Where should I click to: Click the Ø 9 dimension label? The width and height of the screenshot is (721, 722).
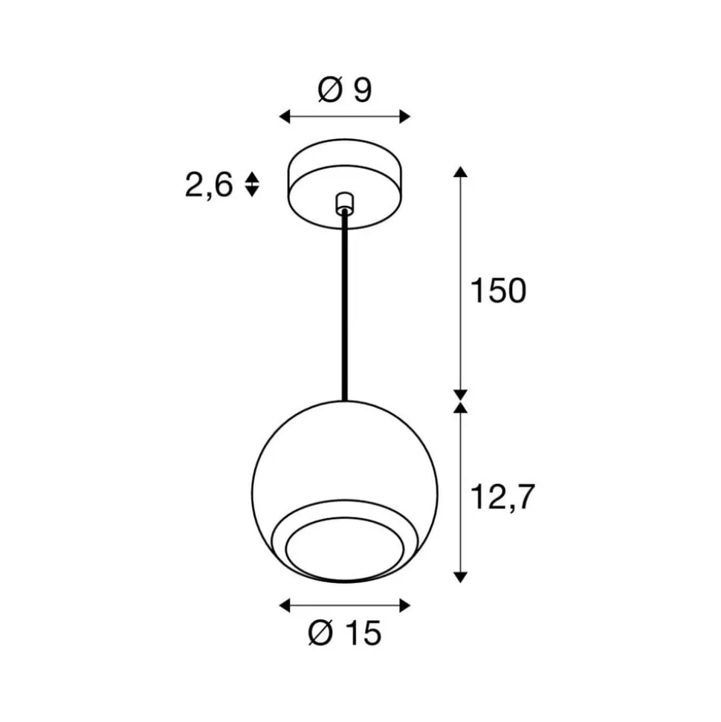344,91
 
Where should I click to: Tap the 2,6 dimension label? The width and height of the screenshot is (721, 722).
209,184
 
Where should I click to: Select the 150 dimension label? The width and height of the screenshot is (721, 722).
497,291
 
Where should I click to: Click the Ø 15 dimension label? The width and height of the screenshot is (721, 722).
344,634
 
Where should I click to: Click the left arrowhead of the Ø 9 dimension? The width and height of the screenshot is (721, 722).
285,116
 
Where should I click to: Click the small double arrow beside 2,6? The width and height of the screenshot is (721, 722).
252,184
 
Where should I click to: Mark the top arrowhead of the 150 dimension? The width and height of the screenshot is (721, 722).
461,173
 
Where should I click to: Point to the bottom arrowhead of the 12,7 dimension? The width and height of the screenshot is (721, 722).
461,576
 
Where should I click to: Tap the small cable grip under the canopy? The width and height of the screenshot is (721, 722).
343,202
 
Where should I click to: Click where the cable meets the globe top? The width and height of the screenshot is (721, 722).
344,402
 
